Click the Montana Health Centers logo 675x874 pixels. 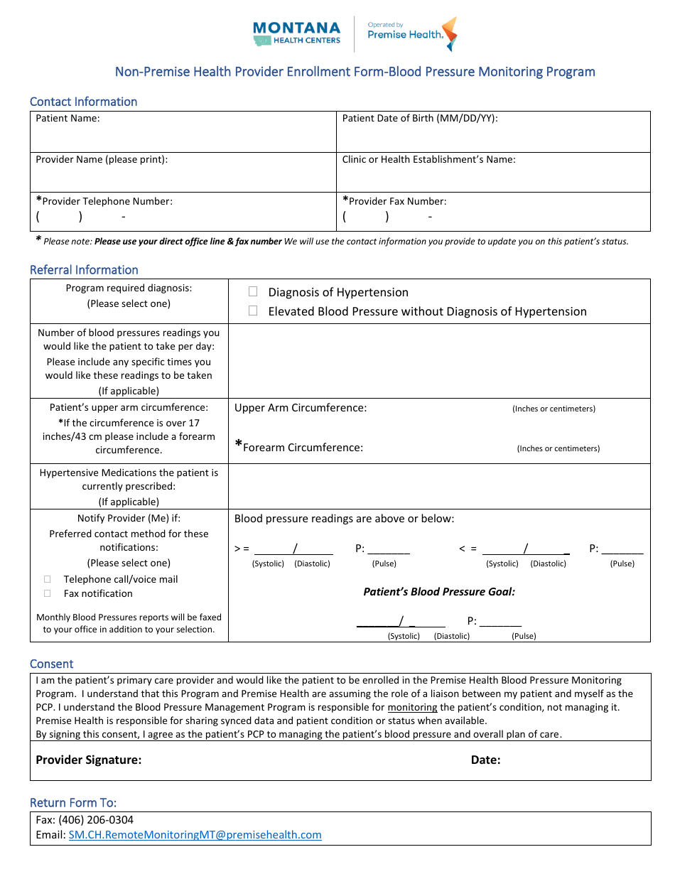click(296, 33)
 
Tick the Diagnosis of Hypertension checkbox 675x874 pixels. click(253, 292)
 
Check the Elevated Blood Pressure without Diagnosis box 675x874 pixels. click(253, 311)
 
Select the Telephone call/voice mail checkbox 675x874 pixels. click(48, 579)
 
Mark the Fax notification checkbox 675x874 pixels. click(48, 593)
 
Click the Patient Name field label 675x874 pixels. click(67, 119)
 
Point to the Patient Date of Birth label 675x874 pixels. click(420, 119)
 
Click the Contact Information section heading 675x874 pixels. click(83, 102)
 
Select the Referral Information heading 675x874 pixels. click(84, 270)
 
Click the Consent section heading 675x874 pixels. click(51, 664)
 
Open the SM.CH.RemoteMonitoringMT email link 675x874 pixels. click(195, 835)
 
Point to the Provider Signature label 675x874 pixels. click(89, 760)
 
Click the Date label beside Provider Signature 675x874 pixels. click(485, 760)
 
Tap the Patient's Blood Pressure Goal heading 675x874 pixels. click(439, 591)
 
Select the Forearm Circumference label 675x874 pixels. click(303, 448)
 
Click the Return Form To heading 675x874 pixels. click(73, 803)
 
